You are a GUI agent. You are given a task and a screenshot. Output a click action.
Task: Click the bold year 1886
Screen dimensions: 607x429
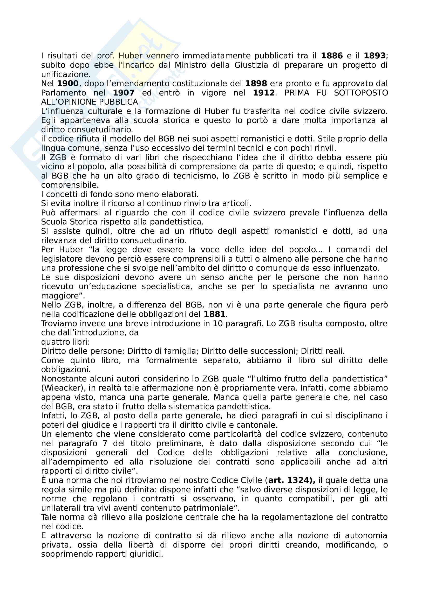(x=332, y=56)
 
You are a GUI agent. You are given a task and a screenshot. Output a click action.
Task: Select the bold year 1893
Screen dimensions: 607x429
(x=374, y=56)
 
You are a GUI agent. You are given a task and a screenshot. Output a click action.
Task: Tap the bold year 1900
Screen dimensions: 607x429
(x=68, y=84)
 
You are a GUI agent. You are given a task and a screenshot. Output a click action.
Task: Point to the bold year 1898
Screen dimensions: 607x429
(x=256, y=84)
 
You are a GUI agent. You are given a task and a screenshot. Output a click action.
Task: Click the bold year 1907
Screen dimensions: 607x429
(x=124, y=93)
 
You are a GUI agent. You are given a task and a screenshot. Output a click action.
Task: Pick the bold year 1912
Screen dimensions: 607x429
(x=264, y=93)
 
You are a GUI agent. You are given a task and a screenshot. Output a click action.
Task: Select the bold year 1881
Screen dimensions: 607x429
(x=215, y=314)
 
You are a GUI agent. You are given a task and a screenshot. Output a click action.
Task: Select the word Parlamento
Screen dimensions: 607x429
(x=63, y=93)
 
